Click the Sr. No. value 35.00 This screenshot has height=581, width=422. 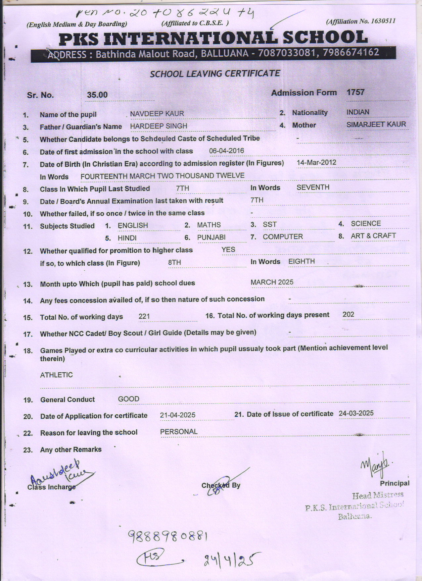point(97,95)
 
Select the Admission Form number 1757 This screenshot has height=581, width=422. point(355,92)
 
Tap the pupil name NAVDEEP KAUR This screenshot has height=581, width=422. point(157,114)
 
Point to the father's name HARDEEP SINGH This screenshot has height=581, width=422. point(159,126)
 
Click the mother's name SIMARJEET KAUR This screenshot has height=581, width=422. point(376,125)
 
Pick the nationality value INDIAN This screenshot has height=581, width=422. point(358,112)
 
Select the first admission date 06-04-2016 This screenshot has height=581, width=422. point(226,151)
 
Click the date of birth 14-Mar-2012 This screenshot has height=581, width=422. point(316,162)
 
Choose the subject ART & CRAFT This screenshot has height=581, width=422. point(373,236)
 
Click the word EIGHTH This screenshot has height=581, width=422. point(302,261)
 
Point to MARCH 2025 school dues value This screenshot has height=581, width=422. point(272,282)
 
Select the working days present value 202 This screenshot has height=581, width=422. point(348,314)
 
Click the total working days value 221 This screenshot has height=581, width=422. point(144,316)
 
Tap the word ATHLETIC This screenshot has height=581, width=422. point(56,375)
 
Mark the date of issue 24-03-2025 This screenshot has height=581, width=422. point(356,413)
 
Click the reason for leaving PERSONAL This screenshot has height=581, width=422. point(179,432)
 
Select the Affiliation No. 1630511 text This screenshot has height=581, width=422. point(361,22)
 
